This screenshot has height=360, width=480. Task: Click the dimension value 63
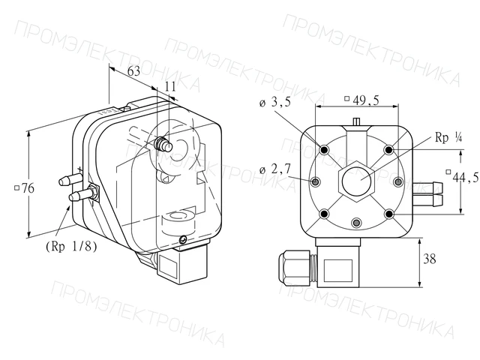[x=133, y=71]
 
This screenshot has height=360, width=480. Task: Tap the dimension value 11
[x=170, y=87]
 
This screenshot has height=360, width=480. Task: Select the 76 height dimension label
[x=25, y=188]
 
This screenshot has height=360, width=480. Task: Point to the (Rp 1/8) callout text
[x=71, y=246]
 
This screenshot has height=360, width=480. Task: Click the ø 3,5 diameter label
[x=275, y=102]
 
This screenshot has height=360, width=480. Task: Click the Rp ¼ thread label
[x=448, y=137]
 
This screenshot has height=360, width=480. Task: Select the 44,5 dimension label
[x=463, y=176]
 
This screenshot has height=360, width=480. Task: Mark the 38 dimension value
[x=429, y=259]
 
